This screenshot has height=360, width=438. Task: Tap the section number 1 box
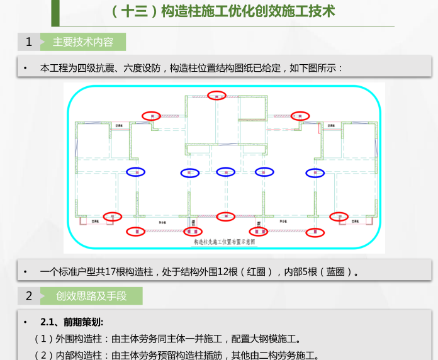click(x=28, y=42)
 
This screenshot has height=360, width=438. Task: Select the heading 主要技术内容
click(x=82, y=42)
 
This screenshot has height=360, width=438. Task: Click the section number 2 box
click(x=28, y=296)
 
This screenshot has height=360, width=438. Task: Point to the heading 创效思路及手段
click(x=91, y=296)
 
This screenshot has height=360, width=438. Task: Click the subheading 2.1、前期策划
click(x=71, y=322)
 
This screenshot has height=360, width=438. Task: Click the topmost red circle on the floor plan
click(x=218, y=96)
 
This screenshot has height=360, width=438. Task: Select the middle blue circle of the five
click(x=225, y=172)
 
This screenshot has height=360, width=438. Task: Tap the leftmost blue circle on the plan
click(x=135, y=172)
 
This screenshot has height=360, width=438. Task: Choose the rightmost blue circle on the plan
click(x=313, y=172)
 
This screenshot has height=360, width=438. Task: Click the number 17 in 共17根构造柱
click(x=105, y=273)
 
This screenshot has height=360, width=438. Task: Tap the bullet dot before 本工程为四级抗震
click(x=25, y=67)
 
